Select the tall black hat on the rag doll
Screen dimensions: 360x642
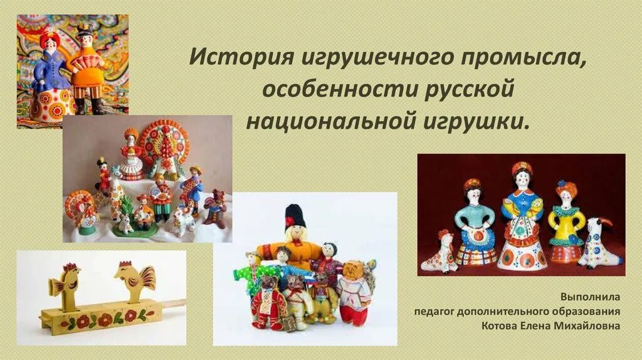click(295, 215)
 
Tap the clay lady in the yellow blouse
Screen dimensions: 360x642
click(566, 223)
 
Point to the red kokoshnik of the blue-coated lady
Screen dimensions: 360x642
click(49, 38)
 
